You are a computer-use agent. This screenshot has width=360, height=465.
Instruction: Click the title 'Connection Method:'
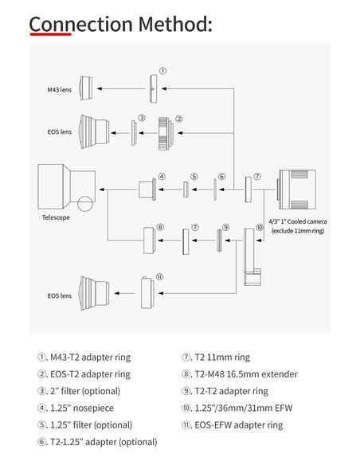(120, 23)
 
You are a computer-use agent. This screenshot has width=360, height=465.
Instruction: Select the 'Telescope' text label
(56, 217)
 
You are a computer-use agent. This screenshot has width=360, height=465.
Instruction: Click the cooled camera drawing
(299, 190)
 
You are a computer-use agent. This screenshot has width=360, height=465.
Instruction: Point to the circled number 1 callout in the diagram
(163, 70)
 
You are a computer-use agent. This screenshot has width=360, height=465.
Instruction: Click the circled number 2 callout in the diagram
(180, 119)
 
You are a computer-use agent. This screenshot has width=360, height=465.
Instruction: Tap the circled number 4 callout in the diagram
(162, 176)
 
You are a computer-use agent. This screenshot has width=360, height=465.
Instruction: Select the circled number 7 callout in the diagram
(256, 176)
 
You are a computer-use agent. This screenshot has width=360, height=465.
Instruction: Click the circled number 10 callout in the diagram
(259, 226)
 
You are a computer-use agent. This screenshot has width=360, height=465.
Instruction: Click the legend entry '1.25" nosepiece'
(78, 408)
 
